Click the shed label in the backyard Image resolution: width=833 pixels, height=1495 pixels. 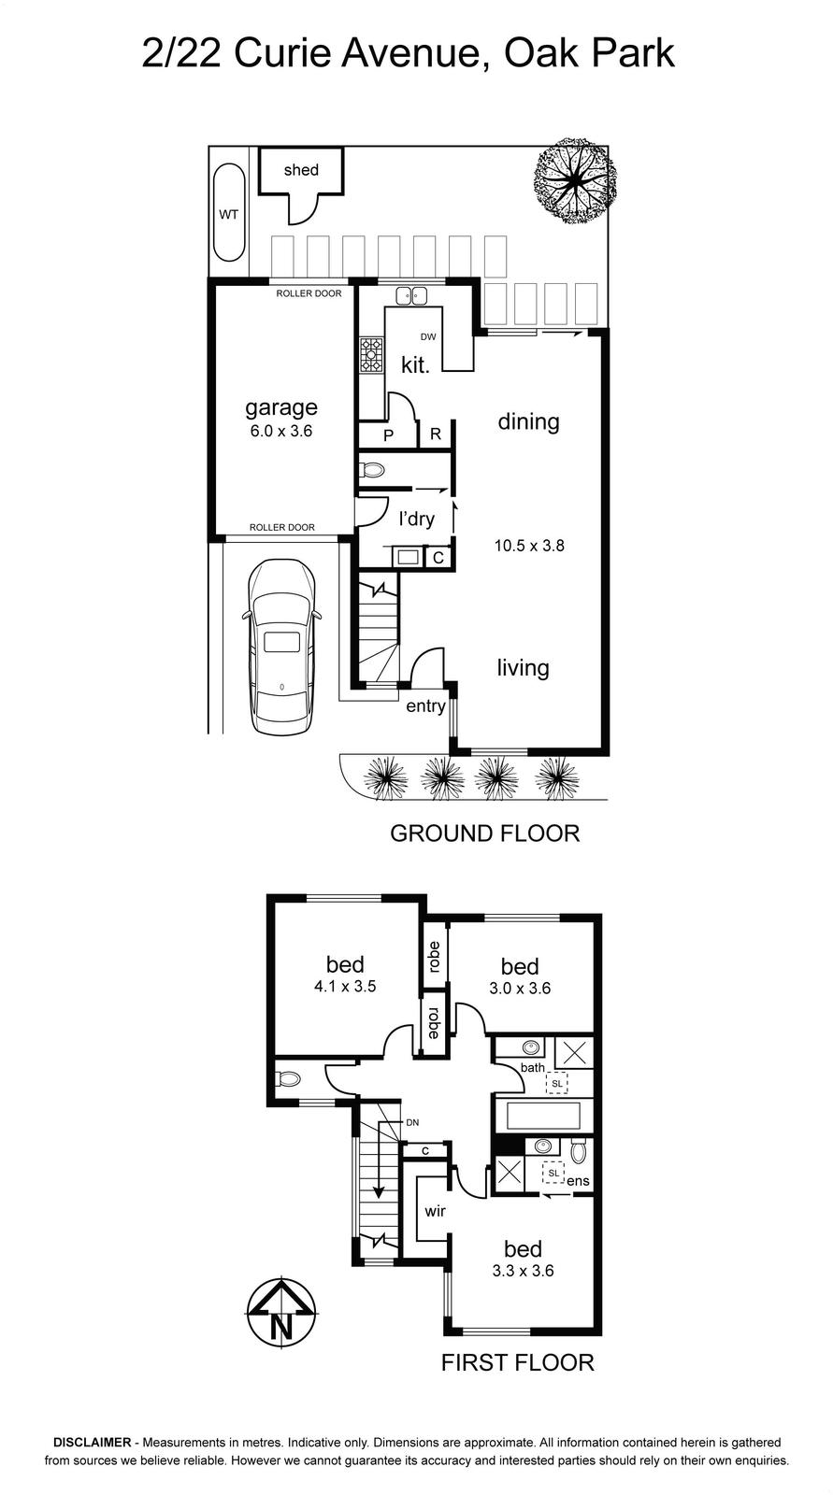pyautogui.click(x=301, y=170)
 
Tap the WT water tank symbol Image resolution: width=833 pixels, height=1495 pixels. pyautogui.click(x=228, y=213)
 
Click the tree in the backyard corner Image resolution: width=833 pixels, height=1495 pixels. pyautogui.click(x=574, y=181)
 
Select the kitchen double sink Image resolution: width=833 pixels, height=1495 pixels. pyautogui.click(x=410, y=295)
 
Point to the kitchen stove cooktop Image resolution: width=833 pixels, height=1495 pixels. pyautogui.click(x=371, y=354)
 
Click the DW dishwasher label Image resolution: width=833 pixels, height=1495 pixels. pyautogui.click(x=428, y=337)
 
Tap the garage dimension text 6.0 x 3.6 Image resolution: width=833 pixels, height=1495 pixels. pyautogui.click(x=281, y=431)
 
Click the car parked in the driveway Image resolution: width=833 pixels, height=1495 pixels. pyautogui.click(x=281, y=647)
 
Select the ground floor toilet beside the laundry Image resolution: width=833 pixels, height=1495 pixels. pyautogui.click(x=372, y=471)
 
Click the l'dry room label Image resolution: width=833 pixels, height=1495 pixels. pyautogui.click(x=416, y=519)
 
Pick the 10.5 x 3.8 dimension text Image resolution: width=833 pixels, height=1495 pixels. pyautogui.click(x=529, y=546)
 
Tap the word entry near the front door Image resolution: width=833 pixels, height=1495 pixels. pyautogui.click(x=425, y=706)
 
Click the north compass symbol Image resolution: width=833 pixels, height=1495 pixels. pyautogui.click(x=282, y=1312)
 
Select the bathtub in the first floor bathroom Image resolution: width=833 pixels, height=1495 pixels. pyautogui.click(x=543, y=1115)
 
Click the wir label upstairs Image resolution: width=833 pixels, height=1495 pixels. pyautogui.click(x=435, y=1211)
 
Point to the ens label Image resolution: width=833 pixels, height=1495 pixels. pyautogui.click(x=579, y=1181)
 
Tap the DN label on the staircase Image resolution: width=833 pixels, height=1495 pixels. pyautogui.click(x=412, y=1122)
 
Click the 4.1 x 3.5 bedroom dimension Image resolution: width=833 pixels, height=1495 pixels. pyautogui.click(x=345, y=986)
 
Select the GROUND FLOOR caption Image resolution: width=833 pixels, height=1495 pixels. pyautogui.click(x=485, y=833)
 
